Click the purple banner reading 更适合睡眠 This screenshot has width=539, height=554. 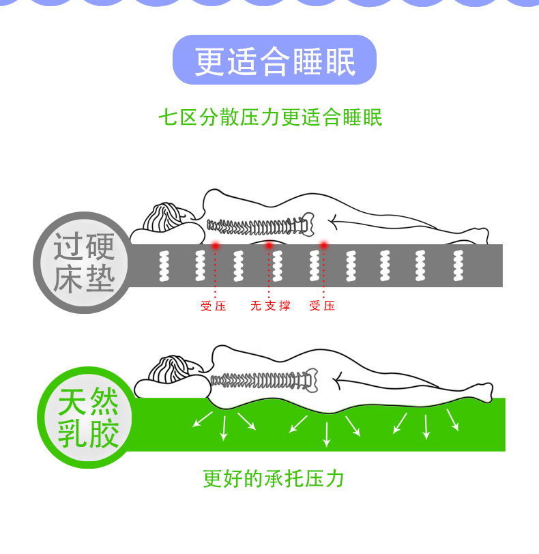(x=274, y=60)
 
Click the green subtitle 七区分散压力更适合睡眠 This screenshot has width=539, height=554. (x=271, y=117)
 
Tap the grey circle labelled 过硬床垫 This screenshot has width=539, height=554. (x=84, y=263)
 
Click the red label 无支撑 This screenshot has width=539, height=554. (x=270, y=306)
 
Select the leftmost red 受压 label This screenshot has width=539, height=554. (x=214, y=306)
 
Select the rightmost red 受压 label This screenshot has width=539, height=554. (x=322, y=306)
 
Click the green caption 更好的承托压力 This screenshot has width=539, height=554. (x=274, y=479)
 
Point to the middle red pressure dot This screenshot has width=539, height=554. (x=269, y=245)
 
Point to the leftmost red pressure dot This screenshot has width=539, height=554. (x=215, y=245)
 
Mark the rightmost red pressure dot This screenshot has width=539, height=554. (x=323, y=244)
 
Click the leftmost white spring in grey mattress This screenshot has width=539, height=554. (x=164, y=266)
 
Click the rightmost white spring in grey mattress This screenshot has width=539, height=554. (x=458, y=265)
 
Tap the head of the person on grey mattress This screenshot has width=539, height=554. (x=168, y=216)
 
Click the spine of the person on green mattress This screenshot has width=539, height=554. (x=264, y=380)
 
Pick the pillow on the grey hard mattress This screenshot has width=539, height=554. (x=167, y=233)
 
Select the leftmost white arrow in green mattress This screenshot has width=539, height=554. (x=203, y=420)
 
